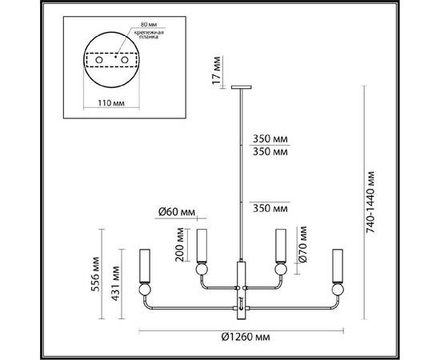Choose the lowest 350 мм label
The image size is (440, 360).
[268, 208]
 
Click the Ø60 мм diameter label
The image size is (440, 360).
[176, 212]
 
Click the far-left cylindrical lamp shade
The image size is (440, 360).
[146, 265]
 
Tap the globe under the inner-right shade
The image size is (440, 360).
[280, 270]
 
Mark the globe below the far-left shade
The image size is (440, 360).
[146, 291]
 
